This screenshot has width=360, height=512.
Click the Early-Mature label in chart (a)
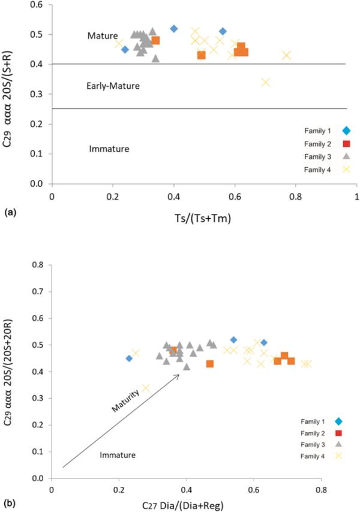tap(113, 86)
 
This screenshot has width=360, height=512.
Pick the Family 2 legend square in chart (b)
tap(338, 433)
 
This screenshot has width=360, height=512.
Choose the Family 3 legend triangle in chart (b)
tap(338, 444)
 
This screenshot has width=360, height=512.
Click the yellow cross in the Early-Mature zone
tap(266, 82)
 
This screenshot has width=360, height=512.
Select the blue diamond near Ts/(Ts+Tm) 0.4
tap(174, 29)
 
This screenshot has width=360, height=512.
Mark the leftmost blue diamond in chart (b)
tap(129, 359)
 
